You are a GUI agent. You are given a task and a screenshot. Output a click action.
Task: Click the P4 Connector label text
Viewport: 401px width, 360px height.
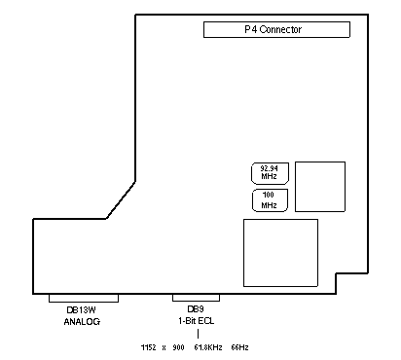tap(273, 29)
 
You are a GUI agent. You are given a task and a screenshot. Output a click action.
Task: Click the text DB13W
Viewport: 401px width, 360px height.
tap(81, 310)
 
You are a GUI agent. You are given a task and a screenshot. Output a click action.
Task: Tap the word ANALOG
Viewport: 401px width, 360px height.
tap(82, 322)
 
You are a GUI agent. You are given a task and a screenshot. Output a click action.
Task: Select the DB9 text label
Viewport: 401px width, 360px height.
tap(196, 309)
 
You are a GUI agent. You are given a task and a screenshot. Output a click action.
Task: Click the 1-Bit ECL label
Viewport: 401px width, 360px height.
tap(196, 321)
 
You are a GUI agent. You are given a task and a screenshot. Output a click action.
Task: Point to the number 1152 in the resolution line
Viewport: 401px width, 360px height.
tap(149, 347)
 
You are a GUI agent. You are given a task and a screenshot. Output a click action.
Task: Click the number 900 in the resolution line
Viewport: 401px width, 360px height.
tap(178, 347)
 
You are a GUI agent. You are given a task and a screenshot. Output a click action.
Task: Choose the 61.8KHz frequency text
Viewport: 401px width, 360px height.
tap(208, 347)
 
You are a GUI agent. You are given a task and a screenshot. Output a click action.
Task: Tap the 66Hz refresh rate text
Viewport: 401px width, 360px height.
tap(239, 347)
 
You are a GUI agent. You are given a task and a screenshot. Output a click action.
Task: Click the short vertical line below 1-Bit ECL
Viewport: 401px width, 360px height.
tap(198, 334)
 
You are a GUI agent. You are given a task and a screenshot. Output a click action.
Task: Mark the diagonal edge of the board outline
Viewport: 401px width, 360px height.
tap(121, 200)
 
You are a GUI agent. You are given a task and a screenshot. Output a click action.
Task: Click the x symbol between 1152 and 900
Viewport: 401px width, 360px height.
tap(164, 348)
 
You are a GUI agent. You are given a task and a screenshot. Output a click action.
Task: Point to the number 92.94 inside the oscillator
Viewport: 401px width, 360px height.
tap(269, 168)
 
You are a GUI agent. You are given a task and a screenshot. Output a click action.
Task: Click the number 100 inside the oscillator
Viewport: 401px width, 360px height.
tap(269, 195)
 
